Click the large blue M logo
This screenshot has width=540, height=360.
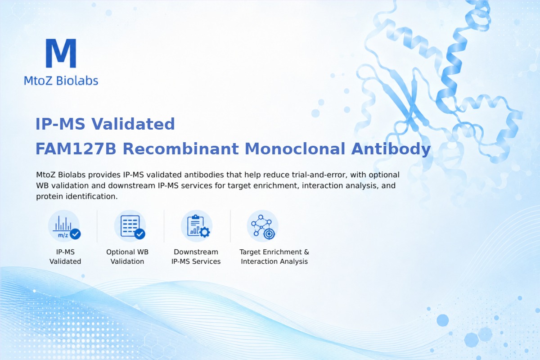pos(61,53)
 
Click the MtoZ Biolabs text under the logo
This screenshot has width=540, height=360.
pos(61,81)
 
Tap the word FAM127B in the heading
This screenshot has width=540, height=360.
pos(76,149)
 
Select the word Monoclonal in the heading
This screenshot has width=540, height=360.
pos(295,149)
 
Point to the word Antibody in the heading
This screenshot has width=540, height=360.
pos(391,149)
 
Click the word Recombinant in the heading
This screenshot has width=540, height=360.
pos(180,149)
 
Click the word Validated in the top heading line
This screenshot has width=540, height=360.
pos(133,124)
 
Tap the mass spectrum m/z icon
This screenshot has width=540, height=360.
pos(64,226)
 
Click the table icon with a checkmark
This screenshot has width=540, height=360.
pos(130,226)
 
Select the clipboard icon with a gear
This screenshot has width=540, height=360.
pos(197,226)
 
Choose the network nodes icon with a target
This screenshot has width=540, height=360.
pos(262,226)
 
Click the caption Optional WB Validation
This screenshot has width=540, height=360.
pos(127,256)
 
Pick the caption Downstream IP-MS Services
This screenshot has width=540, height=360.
pos(196,256)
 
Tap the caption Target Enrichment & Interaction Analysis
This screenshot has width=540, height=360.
pos(274,256)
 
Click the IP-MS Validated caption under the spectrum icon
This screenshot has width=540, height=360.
pos(65,256)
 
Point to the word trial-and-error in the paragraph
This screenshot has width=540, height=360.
pos(319,175)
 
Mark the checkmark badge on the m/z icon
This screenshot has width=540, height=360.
pos(75,234)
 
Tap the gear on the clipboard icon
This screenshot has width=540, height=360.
pos(205,232)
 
